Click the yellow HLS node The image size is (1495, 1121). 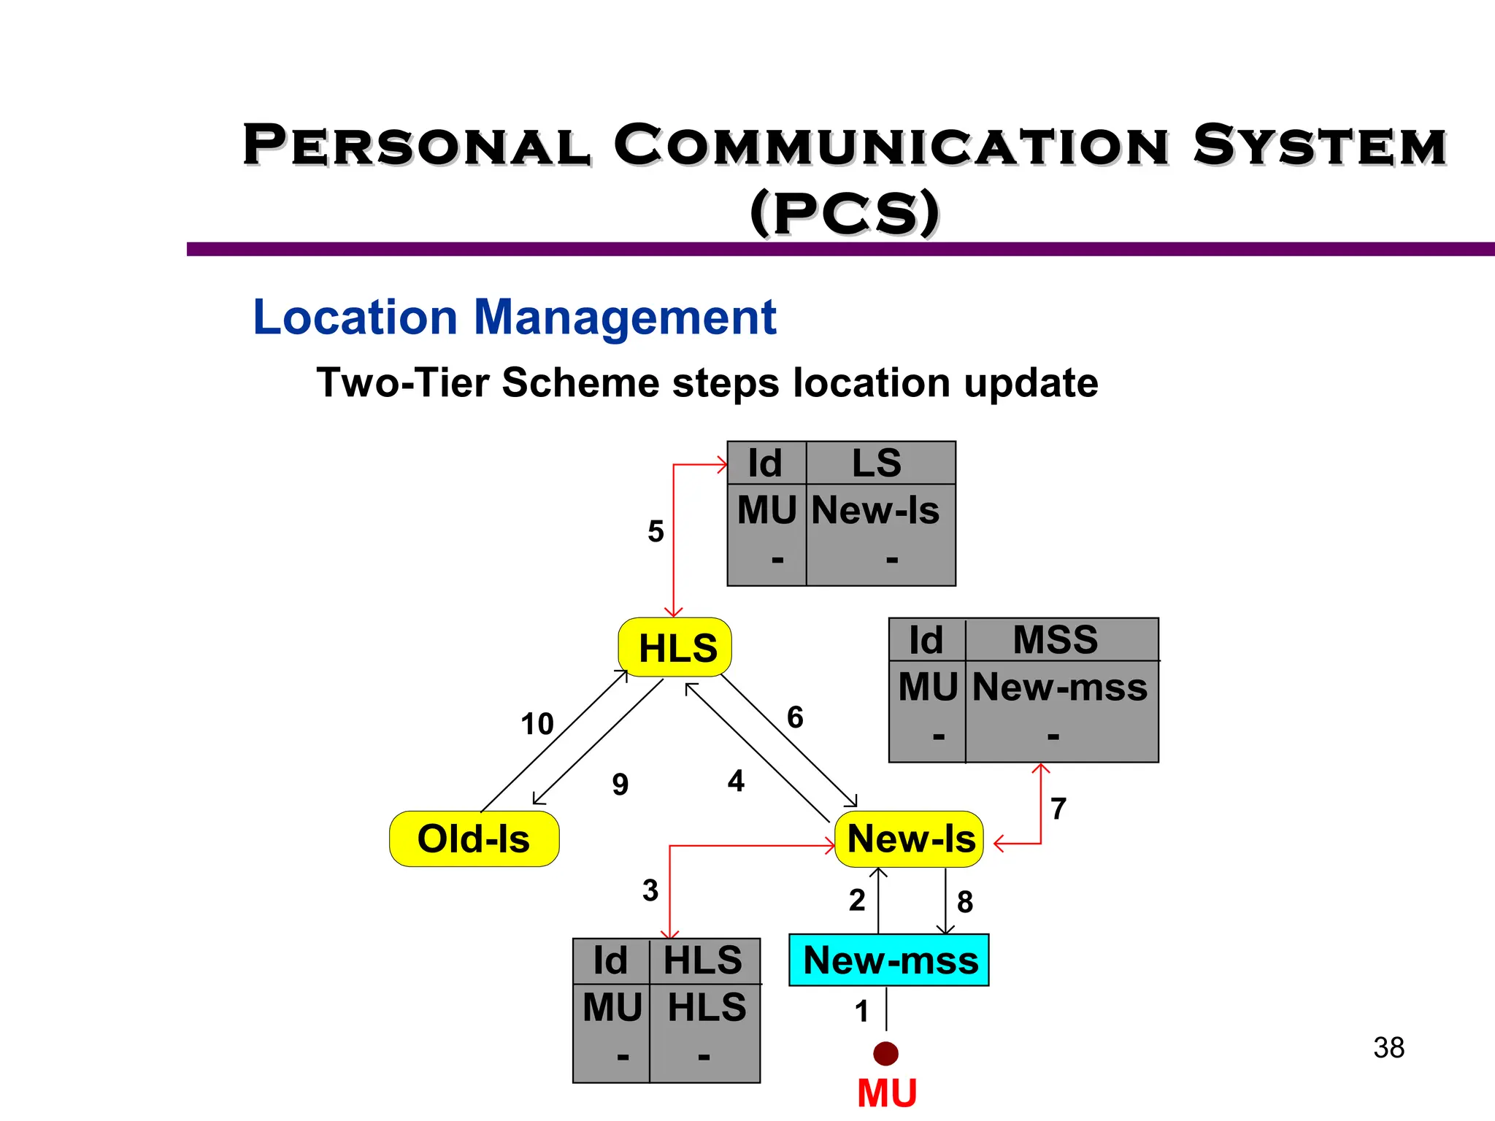[675, 648]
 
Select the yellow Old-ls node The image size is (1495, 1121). [474, 839]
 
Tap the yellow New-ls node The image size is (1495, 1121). [910, 839]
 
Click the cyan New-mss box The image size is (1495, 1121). [889, 960]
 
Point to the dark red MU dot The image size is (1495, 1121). [885, 1053]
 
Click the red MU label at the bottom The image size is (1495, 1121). [887, 1094]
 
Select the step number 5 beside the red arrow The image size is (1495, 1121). [656, 531]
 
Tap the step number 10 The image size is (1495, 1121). [537, 724]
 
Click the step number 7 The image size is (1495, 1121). [1058, 809]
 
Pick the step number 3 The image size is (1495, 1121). [650, 890]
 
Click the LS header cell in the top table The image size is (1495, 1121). [877, 463]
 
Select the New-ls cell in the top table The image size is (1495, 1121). [875, 510]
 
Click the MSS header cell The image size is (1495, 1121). [1056, 640]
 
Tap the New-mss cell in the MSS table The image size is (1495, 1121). [1060, 687]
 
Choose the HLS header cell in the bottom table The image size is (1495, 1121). [702, 960]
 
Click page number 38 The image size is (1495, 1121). [1388, 1048]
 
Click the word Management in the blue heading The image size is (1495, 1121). [625, 317]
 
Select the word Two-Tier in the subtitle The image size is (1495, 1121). [402, 383]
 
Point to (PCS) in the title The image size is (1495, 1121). [845, 213]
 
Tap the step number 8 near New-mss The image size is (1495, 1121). [965, 903]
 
